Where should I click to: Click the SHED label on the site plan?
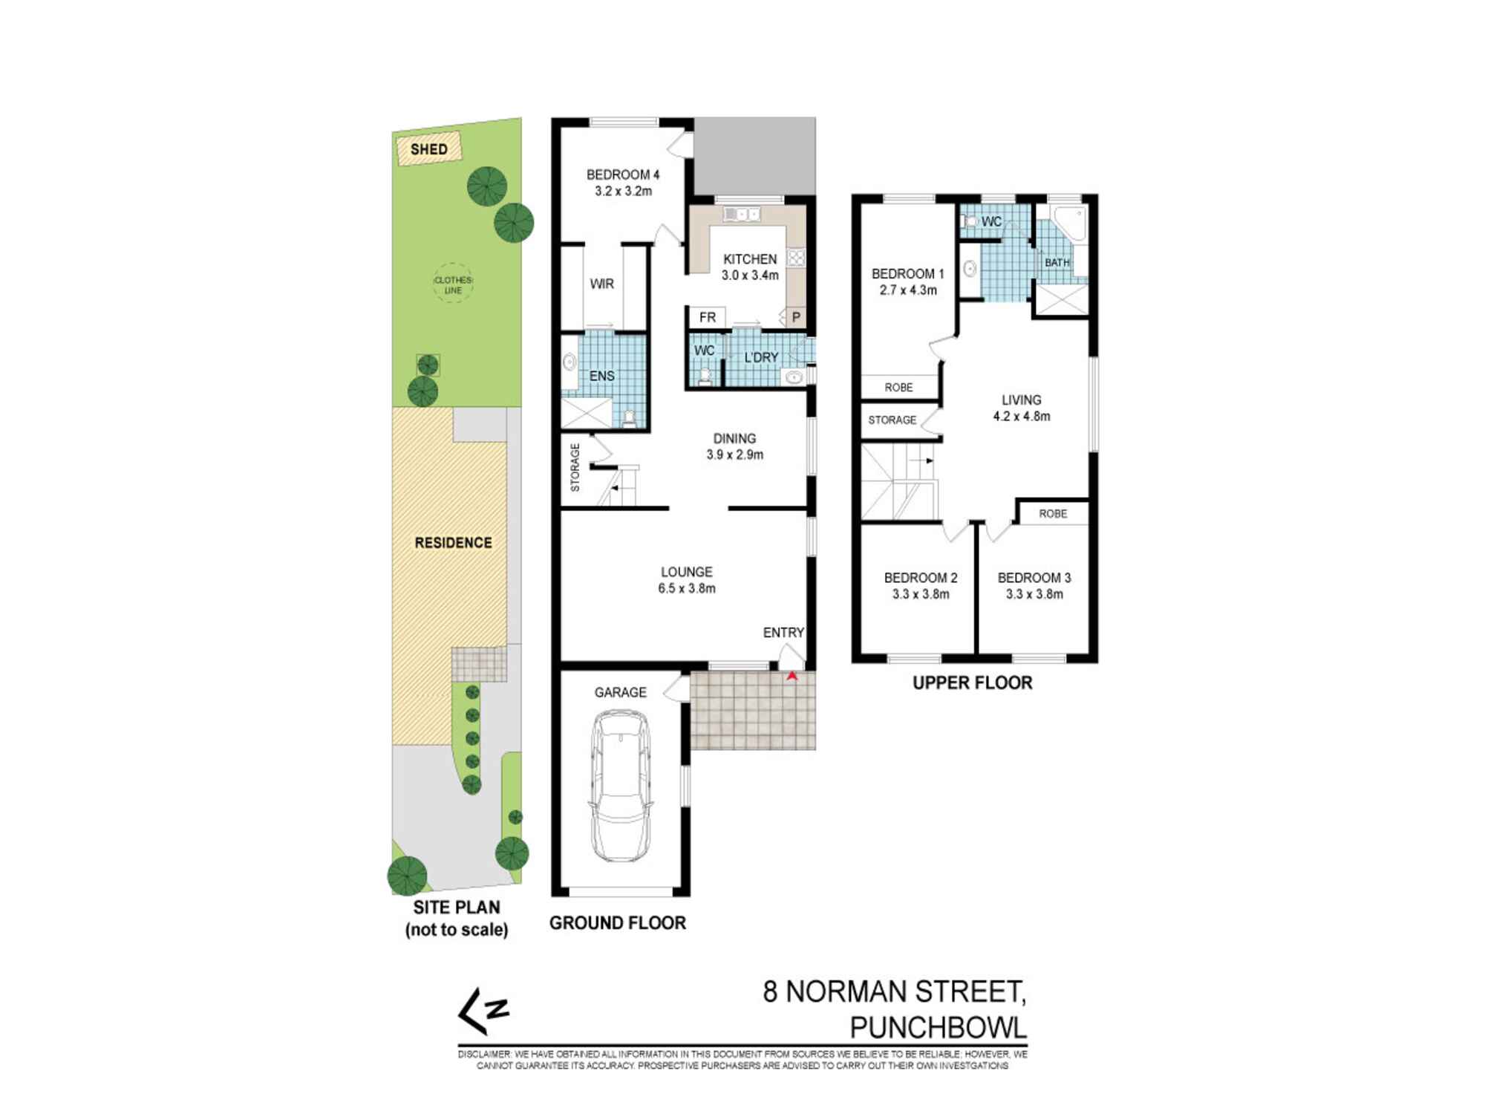(x=429, y=149)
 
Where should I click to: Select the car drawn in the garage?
(x=620, y=785)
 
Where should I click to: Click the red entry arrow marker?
(x=792, y=676)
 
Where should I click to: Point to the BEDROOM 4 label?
(x=622, y=175)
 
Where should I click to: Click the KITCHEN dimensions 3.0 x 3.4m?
(x=750, y=276)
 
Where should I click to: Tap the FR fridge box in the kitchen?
(x=707, y=318)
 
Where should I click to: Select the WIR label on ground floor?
(x=601, y=284)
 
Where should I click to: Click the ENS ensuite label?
(x=601, y=376)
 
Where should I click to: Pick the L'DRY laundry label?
(x=761, y=357)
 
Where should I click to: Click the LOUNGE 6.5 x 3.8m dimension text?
(x=686, y=589)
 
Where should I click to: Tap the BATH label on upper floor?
(x=1057, y=263)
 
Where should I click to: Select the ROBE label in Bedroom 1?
(x=898, y=388)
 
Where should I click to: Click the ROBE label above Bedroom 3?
(x=1053, y=514)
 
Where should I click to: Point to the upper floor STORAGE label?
(x=892, y=420)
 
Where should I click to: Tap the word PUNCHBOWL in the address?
(x=938, y=1028)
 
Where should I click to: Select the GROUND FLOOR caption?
(x=617, y=923)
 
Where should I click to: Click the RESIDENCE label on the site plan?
(x=453, y=543)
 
